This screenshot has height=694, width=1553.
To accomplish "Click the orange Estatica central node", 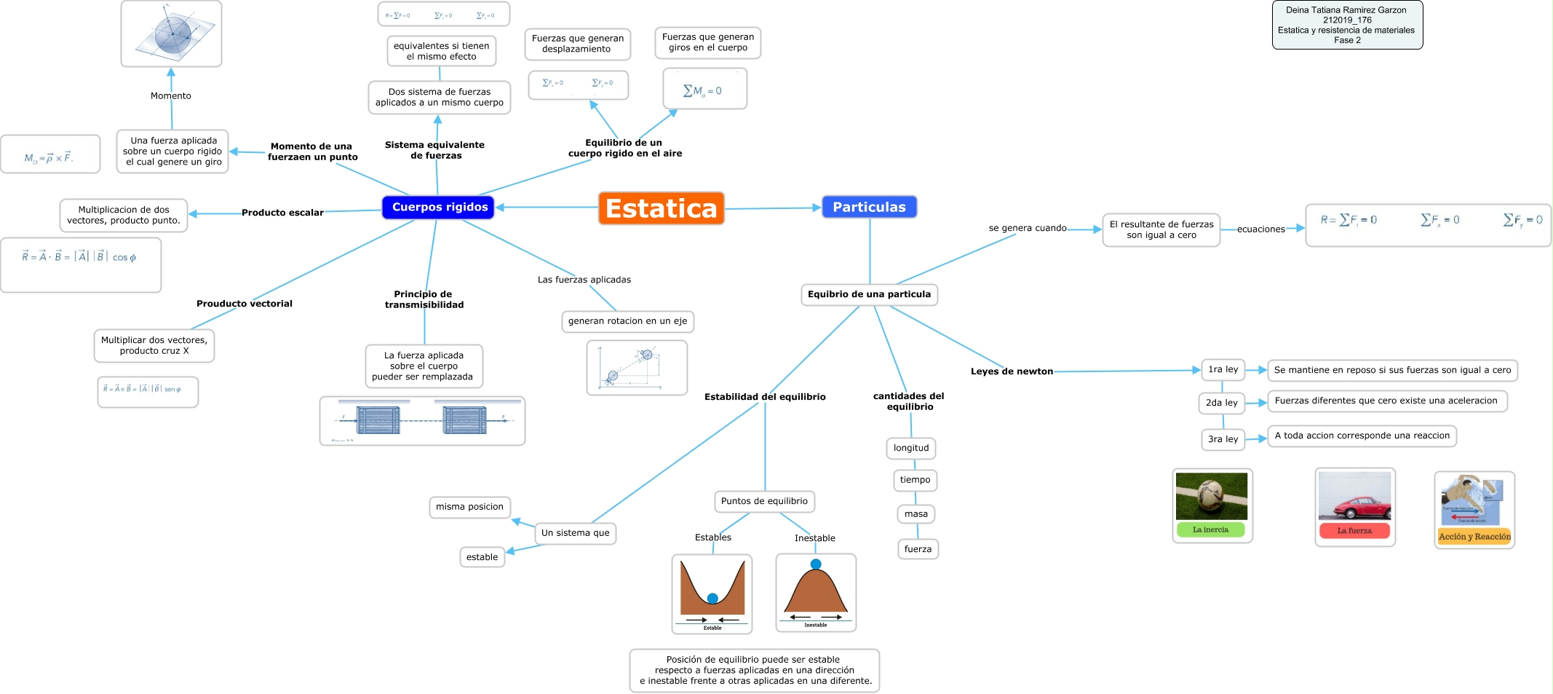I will pos(661,208).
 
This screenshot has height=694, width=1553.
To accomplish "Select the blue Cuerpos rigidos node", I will pos(439,208).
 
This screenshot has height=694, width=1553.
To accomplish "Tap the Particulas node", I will pos(869,208).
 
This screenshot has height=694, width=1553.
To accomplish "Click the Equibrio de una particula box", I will pos(869,294).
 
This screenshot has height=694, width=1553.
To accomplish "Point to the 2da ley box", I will pos(1221,403).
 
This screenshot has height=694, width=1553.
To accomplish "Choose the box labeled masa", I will pos(915,514).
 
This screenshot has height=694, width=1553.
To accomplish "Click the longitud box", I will pos(910,448).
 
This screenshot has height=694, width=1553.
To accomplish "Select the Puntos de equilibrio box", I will pos(764,501).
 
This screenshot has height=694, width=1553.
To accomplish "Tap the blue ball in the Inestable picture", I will pos(816,564).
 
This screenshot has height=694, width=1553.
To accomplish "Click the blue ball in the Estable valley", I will pos(712,599).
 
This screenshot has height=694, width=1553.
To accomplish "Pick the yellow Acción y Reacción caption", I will pos(1474,537).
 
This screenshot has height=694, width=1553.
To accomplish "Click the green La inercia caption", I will pos(1210,530).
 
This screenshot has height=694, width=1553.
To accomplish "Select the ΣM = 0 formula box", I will pos(704,90).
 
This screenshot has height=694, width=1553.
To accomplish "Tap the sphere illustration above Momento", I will pos(172,34).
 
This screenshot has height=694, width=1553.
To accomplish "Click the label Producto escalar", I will pos(282,213).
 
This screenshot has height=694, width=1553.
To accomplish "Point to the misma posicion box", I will pos(469,507).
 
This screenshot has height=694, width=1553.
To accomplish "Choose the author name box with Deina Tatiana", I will pos(1347,25).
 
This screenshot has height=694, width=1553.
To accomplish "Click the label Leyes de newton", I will pos(1012,371).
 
